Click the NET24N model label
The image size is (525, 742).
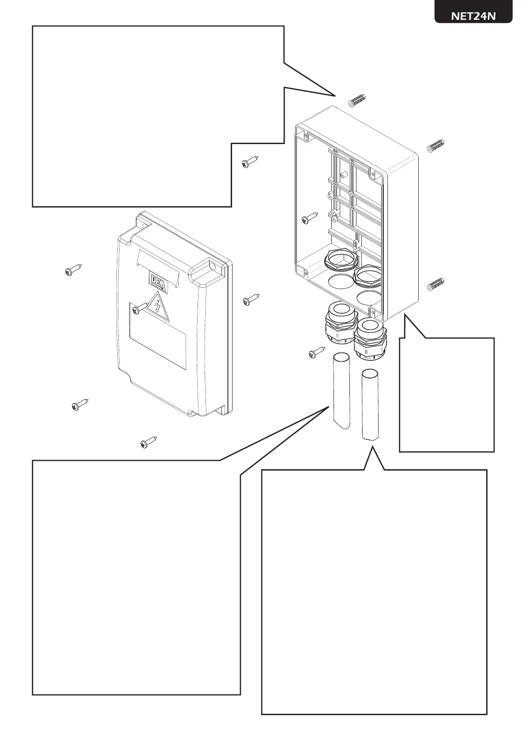(473, 16)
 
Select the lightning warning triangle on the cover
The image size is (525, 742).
(158, 305)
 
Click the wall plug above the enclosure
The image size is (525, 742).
(358, 101)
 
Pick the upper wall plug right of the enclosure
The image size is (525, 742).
(435, 146)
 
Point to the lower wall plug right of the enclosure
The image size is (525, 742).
(435, 285)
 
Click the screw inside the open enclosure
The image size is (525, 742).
(310, 218)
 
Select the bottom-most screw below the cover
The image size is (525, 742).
(149, 442)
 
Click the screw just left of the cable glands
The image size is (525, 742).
(317, 352)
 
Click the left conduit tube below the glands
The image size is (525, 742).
(341, 392)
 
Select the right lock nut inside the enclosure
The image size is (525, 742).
(368, 275)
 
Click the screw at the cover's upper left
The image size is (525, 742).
(73, 270)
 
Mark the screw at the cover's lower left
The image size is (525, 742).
(80, 404)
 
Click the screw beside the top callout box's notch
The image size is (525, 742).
(250, 162)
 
